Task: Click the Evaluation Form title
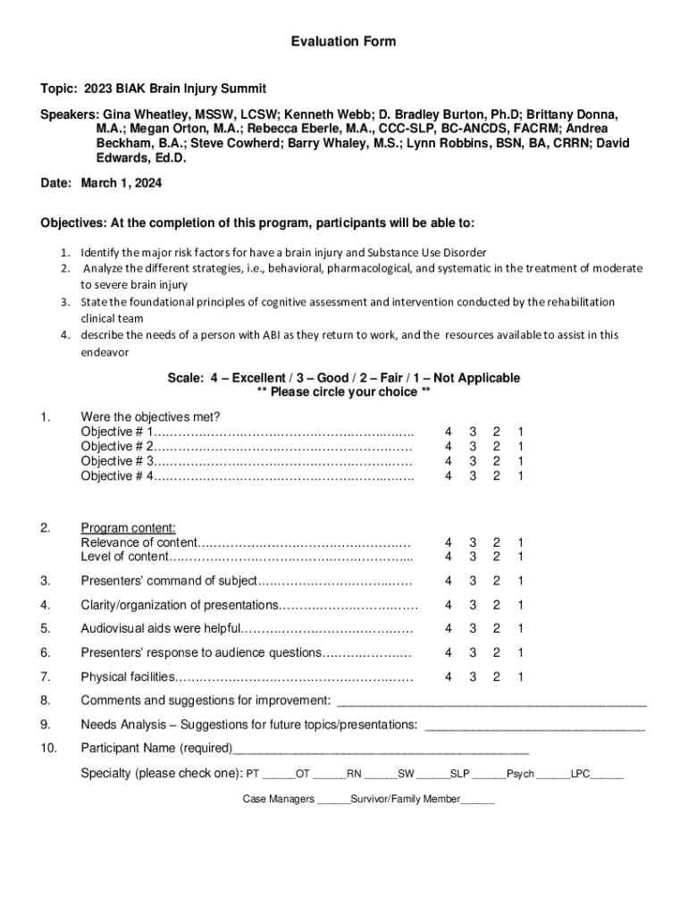click(x=343, y=42)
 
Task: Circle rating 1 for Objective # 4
click(x=520, y=476)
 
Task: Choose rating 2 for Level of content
click(x=496, y=558)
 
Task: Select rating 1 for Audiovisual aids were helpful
click(x=520, y=628)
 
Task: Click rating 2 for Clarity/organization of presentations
click(x=496, y=605)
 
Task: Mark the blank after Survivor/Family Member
click(x=477, y=802)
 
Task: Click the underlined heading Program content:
click(x=128, y=528)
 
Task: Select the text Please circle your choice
click(x=344, y=392)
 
